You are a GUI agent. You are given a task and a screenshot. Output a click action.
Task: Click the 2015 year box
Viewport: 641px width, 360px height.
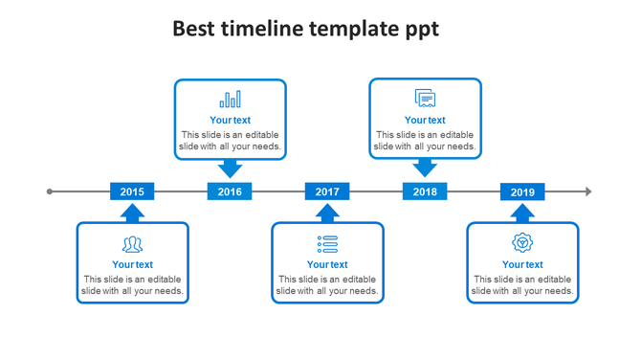pos(132,191)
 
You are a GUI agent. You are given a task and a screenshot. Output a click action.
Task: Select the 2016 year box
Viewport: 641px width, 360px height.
pos(230,191)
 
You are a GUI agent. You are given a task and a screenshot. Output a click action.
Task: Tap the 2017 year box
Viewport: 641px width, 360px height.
pos(327,191)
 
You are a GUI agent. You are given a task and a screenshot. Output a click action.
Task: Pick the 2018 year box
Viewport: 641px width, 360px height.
pos(425,191)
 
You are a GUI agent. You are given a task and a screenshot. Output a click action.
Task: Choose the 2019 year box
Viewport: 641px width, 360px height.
pos(522,191)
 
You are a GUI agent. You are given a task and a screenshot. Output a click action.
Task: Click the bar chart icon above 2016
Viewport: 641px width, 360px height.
pos(230,100)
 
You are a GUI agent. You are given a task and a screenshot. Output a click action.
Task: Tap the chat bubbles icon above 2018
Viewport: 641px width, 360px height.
pos(425,99)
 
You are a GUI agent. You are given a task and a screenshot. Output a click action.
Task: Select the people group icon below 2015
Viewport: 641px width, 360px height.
pos(132,243)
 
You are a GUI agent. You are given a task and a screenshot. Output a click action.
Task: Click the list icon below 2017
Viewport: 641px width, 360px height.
pos(327,243)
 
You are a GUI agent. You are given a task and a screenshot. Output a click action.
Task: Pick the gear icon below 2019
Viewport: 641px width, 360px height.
pos(522,242)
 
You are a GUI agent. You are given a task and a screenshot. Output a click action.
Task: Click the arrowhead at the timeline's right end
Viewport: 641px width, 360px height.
pos(587,191)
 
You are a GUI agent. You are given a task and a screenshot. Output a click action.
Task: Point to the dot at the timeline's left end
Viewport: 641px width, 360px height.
pos(50,191)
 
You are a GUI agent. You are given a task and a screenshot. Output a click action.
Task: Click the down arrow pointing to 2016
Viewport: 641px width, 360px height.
pos(230,169)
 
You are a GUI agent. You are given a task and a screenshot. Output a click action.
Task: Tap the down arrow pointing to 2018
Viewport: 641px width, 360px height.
pos(425,169)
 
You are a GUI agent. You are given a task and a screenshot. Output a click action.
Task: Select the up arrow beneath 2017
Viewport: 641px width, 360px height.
pos(327,213)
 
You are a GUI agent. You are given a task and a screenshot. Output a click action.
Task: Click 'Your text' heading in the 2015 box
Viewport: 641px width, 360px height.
pos(132,264)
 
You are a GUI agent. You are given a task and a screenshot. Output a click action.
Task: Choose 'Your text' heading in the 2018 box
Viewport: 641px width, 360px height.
pos(425,121)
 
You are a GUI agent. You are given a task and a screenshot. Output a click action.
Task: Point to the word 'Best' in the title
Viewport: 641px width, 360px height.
pos(193,29)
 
